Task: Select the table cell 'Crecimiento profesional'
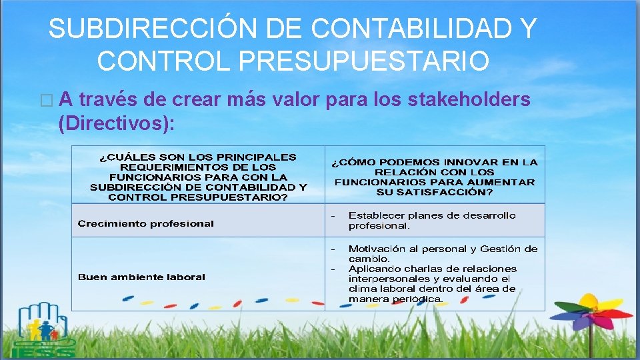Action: [146, 224]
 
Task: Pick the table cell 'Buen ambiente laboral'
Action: [141, 277]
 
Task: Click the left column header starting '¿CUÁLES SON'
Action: [198, 177]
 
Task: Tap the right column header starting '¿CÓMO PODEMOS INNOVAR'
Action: [435, 177]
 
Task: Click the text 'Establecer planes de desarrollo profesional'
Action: [431, 221]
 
